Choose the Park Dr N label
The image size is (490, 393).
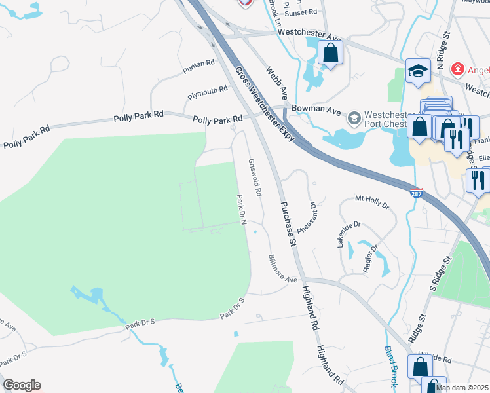[x=240, y=208]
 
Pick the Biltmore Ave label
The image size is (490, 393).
[x=283, y=269]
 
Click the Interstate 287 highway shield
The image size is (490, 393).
[x=418, y=194]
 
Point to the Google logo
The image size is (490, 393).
[x=22, y=385]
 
